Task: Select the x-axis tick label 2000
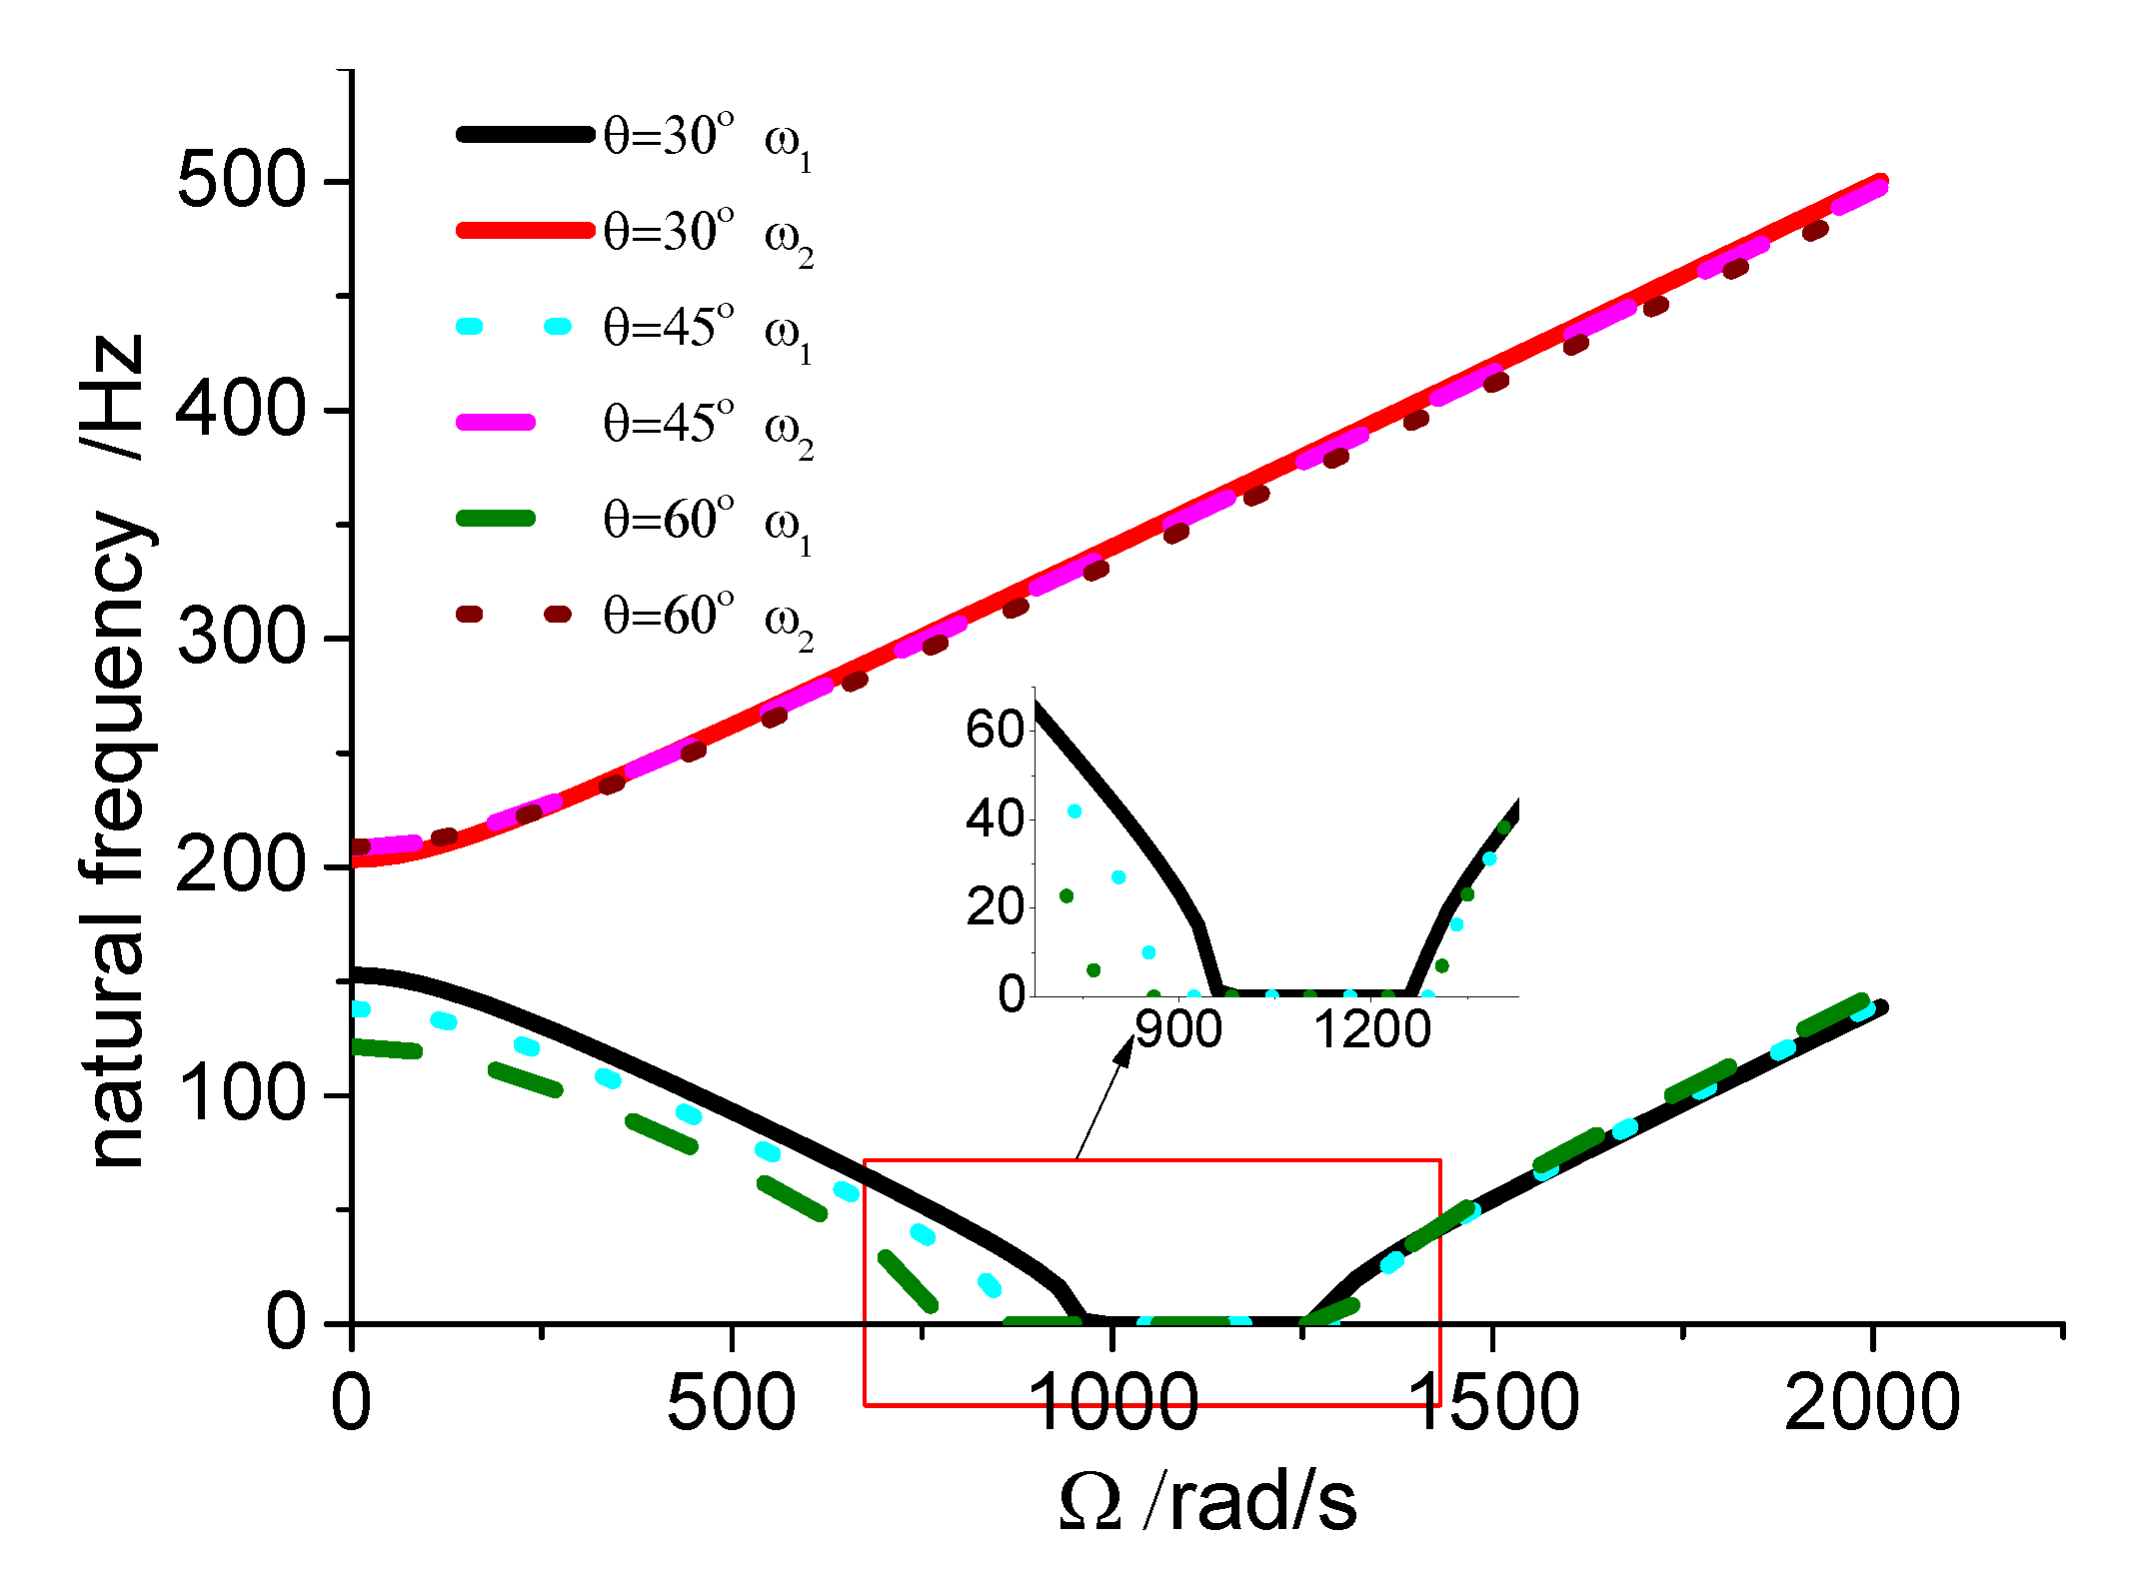[x=1871, y=1403]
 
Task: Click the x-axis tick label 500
[x=731, y=1403]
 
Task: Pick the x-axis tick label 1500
[x=1492, y=1403]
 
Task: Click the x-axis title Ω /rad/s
[x=1207, y=1502]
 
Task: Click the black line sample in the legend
[x=525, y=134]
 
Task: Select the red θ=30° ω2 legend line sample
[x=525, y=230]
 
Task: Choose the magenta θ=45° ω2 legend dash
[x=497, y=423]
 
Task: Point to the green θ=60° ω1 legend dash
[x=497, y=519]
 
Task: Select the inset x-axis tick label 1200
[x=1372, y=1029]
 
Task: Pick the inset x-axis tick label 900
[x=1179, y=1029]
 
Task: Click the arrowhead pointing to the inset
[x=1125, y=1049]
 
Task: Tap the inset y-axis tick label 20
[x=996, y=906]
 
